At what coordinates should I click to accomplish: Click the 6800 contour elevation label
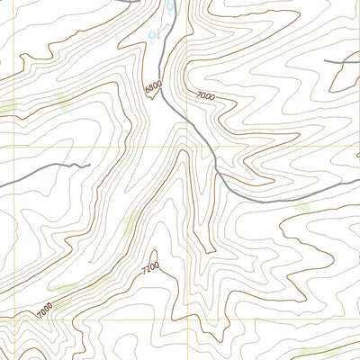(152, 88)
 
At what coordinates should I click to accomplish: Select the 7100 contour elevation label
(150, 267)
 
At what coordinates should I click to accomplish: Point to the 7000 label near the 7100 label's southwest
(44, 307)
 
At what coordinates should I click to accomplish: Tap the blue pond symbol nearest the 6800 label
(153, 36)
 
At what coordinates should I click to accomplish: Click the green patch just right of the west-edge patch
(61, 99)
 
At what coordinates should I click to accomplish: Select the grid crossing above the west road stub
(15, 147)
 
